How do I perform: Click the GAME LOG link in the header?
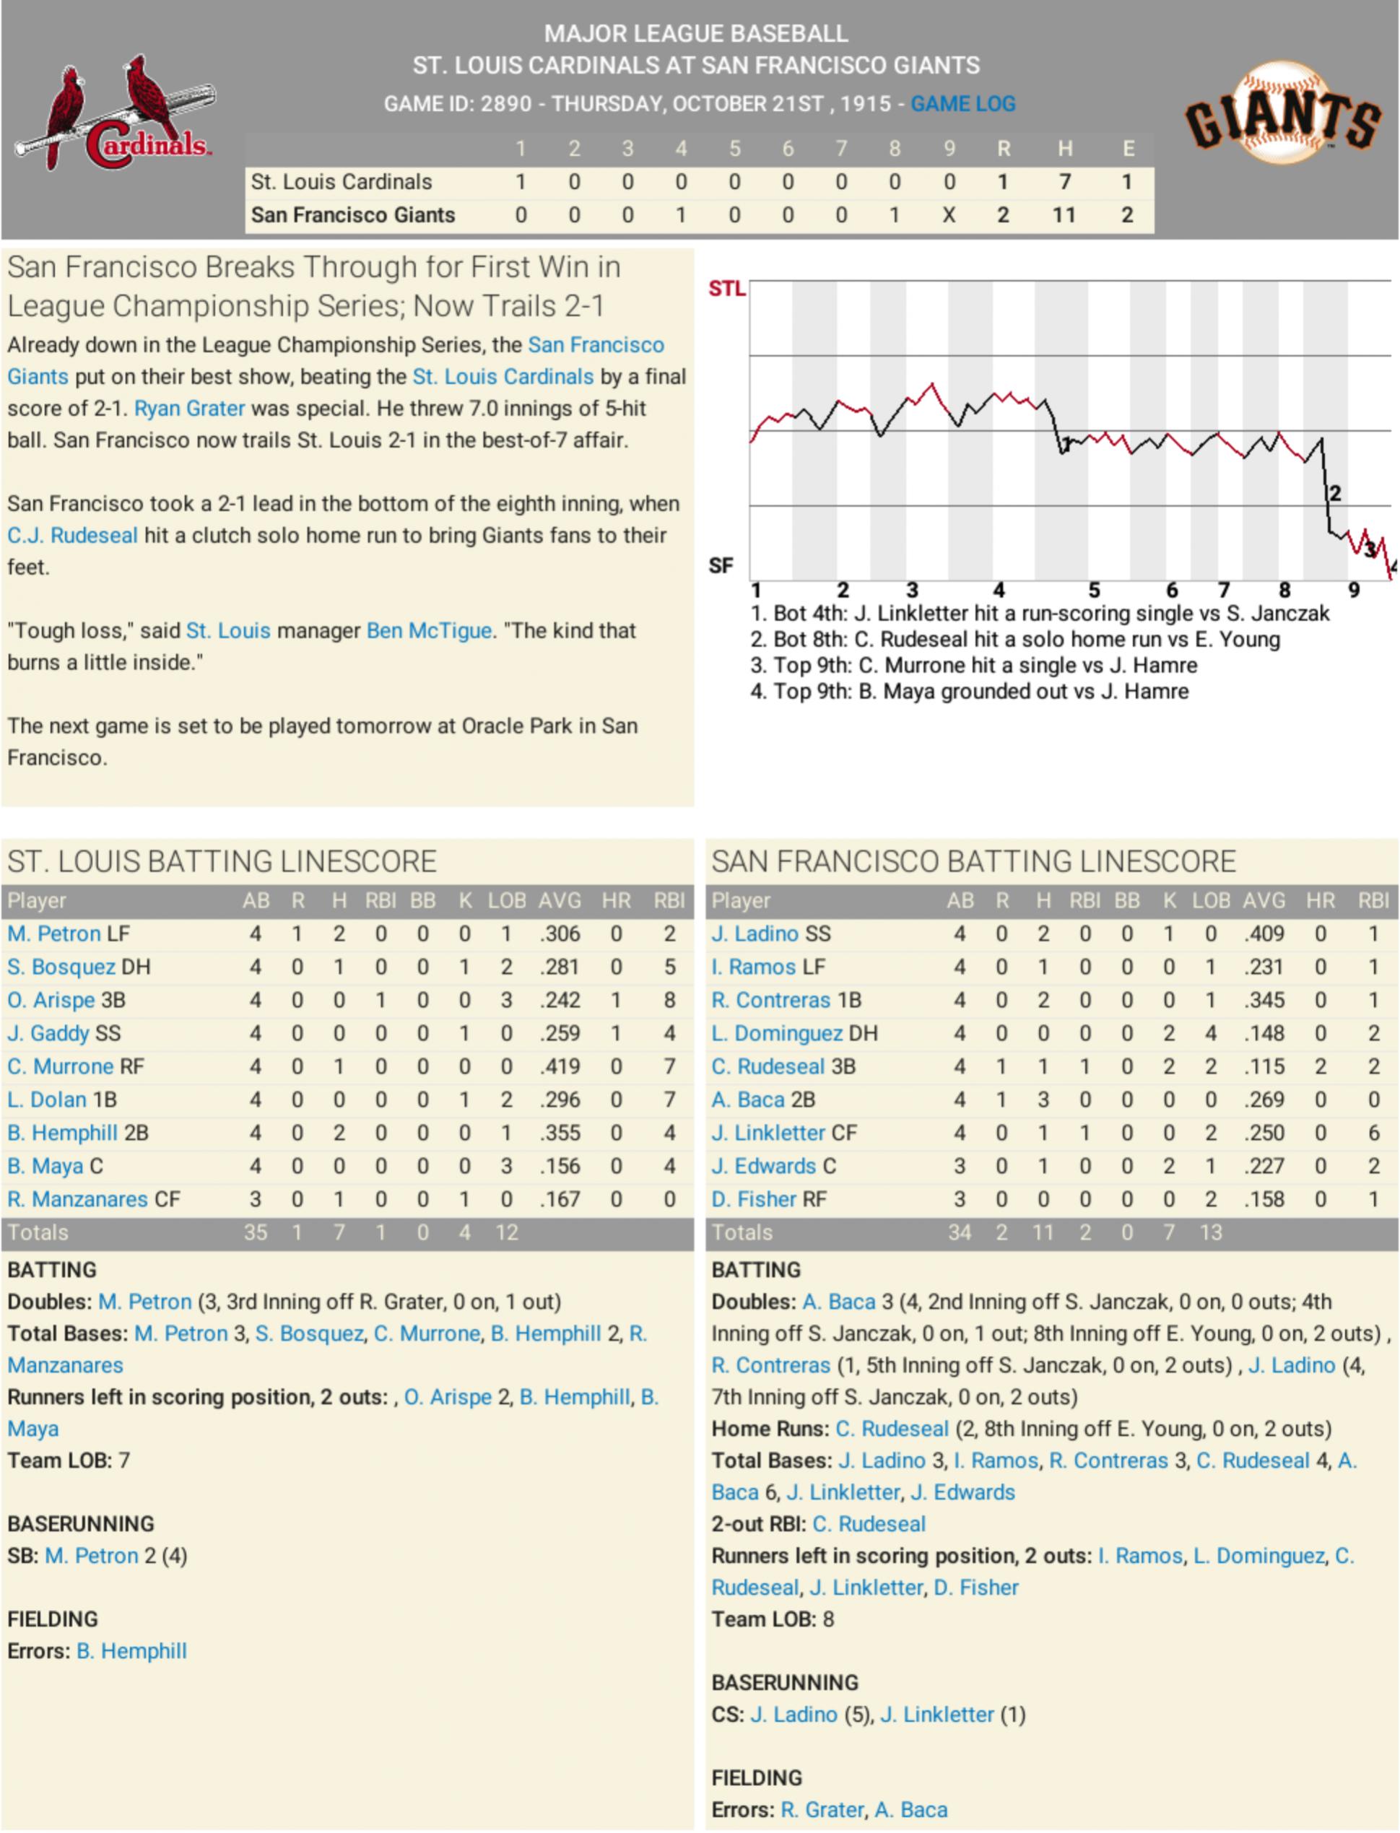tap(962, 104)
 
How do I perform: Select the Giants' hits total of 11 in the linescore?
tap(1064, 215)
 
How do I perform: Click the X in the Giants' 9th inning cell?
tap(948, 215)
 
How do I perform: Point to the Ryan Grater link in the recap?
tap(189, 409)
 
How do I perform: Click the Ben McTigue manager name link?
tap(428, 631)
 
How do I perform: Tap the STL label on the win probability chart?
tap(726, 289)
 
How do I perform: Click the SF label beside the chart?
tap(721, 567)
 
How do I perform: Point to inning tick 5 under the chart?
tap(1093, 591)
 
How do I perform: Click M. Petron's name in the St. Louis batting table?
tap(53, 933)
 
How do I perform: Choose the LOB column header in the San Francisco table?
tap(1210, 901)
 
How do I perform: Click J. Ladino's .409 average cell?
tap(1264, 933)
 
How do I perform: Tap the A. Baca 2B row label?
tap(762, 1100)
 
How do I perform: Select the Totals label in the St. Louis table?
tap(38, 1232)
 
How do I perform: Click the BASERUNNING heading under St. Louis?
tap(81, 1524)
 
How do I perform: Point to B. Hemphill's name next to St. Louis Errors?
tap(131, 1650)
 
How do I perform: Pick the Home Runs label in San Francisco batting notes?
tap(770, 1429)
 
